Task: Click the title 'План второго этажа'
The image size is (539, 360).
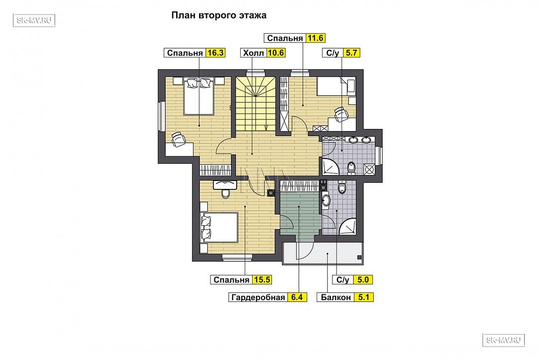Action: click(218, 15)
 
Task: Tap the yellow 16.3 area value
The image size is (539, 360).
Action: click(215, 53)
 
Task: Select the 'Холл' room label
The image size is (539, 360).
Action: click(253, 53)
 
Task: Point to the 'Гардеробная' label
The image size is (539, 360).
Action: click(258, 297)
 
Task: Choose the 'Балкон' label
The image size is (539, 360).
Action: click(336, 297)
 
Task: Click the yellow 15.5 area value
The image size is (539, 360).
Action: click(262, 280)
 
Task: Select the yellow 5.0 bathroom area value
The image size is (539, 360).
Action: click(363, 280)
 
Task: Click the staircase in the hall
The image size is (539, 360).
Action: click(256, 103)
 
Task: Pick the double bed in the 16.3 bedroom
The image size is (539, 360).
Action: click(199, 96)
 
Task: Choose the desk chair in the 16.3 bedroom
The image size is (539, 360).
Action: click(178, 139)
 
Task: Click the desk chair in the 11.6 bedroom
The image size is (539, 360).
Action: click(340, 114)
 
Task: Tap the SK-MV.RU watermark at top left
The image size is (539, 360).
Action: click(34, 20)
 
